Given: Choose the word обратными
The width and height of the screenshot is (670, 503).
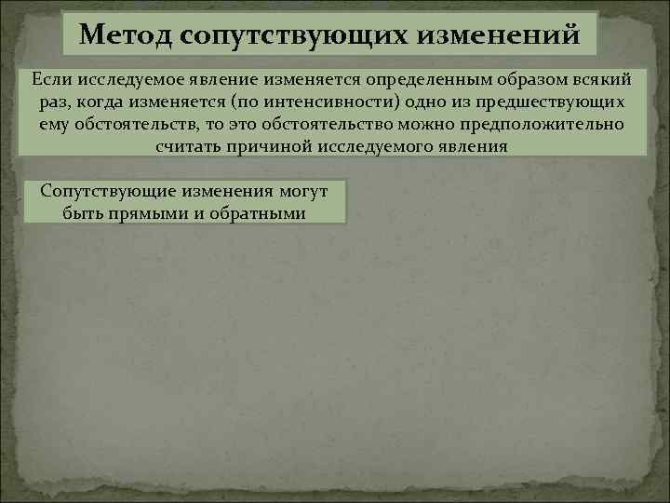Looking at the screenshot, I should tap(261, 212).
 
